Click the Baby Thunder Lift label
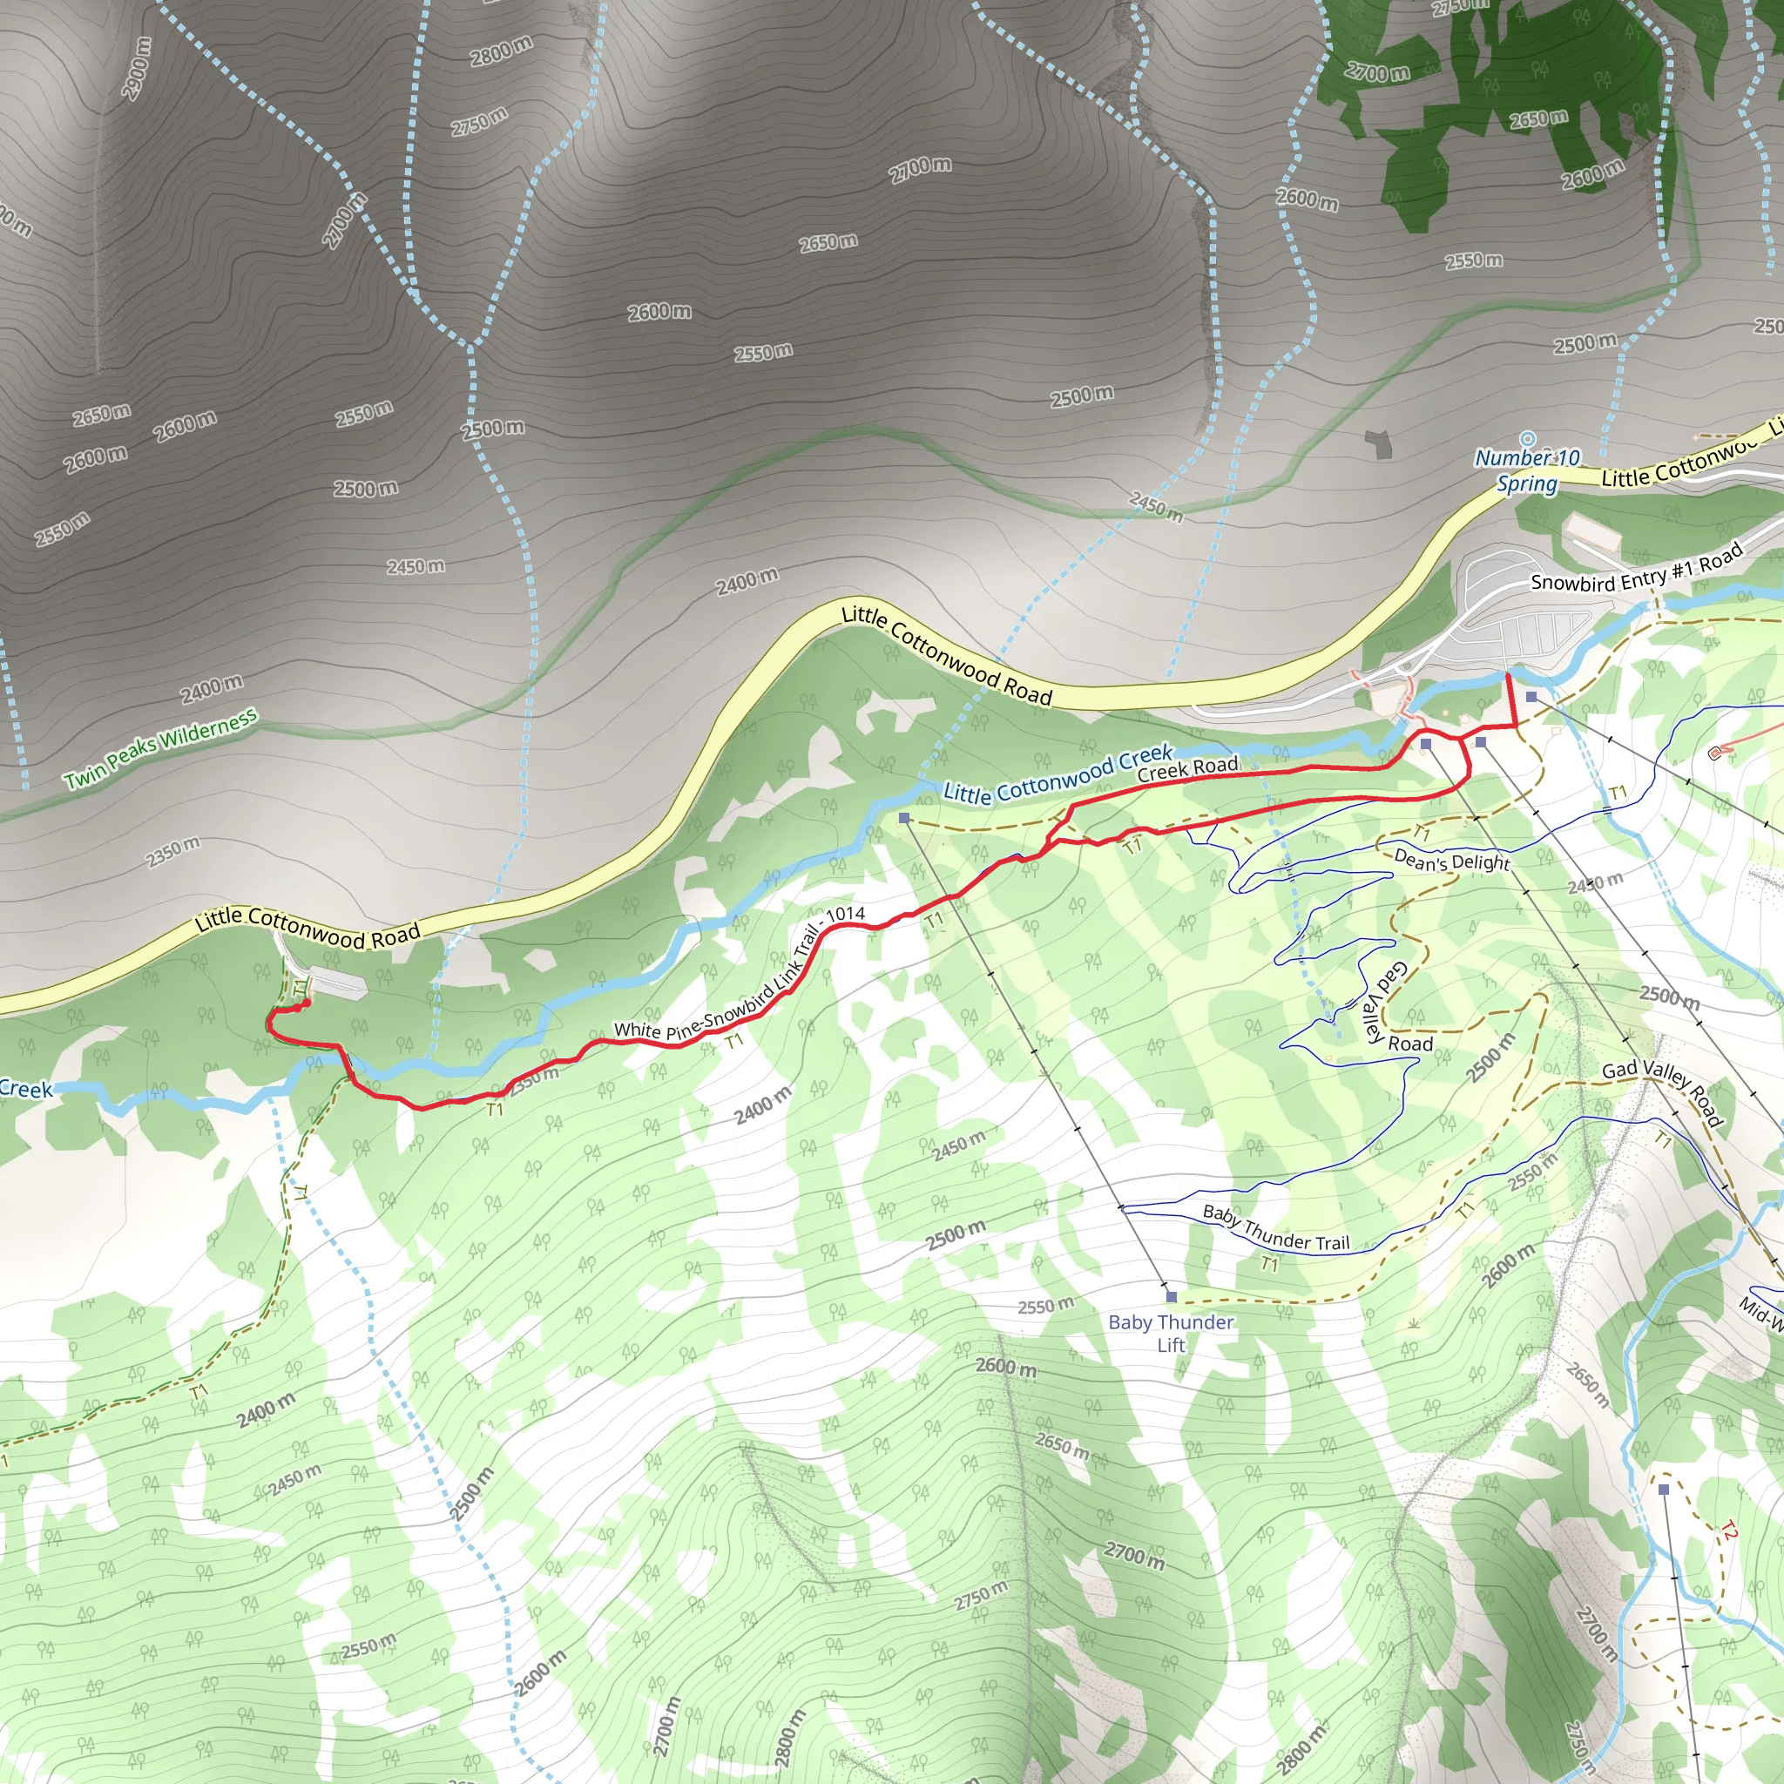[1170, 1334]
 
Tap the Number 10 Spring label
[1527, 470]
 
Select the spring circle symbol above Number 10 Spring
[1527, 439]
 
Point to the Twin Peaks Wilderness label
[160, 749]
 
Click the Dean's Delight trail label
[1451, 861]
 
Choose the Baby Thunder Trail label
[1275, 1228]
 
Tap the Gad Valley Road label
[1662, 1091]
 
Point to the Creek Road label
[1187, 768]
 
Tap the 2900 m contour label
[135, 67]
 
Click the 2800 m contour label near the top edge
[502, 51]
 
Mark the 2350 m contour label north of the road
[172, 851]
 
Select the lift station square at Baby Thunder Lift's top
[1171, 1297]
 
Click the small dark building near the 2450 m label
[1379, 444]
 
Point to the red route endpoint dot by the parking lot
[306, 1003]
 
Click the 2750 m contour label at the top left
[479, 122]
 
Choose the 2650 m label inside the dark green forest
[1538, 119]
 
